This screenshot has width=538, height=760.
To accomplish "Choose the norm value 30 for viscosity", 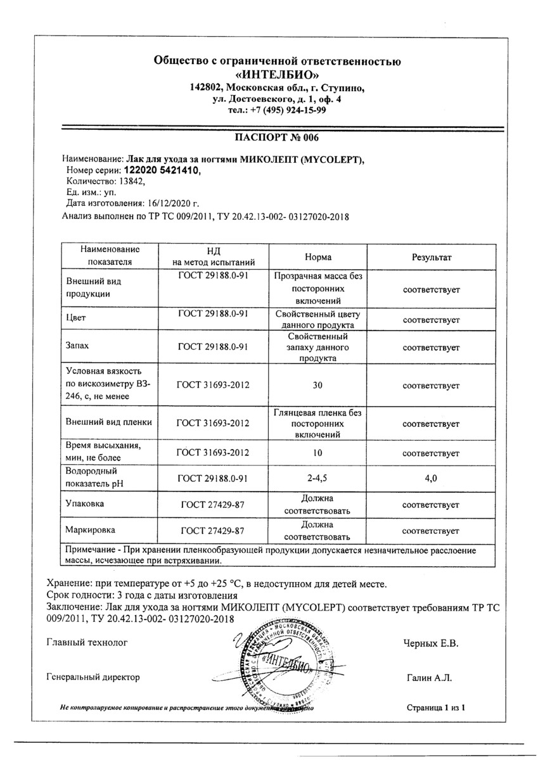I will (x=317, y=383).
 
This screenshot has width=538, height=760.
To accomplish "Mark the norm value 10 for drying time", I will (x=317, y=453).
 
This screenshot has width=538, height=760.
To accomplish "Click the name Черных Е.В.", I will (x=430, y=644).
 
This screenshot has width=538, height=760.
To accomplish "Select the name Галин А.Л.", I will (x=428, y=678).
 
